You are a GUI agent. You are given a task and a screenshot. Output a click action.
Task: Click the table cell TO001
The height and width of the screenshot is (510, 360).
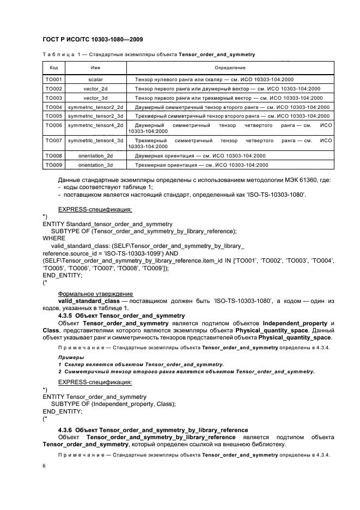click(x=53, y=80)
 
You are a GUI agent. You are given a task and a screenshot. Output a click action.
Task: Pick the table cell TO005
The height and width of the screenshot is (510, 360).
click(x=53, y=116)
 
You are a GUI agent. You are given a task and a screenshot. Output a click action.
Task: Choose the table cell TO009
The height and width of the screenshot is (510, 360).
click(x=53, y=165)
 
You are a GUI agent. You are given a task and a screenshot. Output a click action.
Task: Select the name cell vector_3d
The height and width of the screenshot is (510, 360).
click(x=95, y=98)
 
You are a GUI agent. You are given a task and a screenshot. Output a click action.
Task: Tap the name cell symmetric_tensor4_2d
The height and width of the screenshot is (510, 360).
click(x=95, y=125)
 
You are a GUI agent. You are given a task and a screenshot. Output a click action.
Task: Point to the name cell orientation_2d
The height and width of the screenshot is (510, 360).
click(x=95, y=156)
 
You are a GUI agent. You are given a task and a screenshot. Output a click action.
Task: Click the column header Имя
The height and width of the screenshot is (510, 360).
click(x=95, y=68)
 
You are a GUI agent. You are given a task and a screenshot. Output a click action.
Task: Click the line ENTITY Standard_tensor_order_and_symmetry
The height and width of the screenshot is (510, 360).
click(x=107, y=223)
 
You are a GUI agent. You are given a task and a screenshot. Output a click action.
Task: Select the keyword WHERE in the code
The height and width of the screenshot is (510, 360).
click(x=54, y=238)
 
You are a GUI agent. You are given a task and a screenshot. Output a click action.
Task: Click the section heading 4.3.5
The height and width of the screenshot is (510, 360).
click(x=121, y=315)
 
